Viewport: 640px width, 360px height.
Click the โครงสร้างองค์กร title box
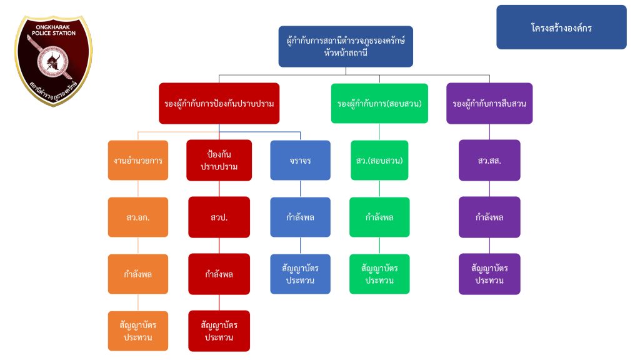tap(561, 27)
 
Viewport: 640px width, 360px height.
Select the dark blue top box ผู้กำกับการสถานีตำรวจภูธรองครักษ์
tap(345, 46)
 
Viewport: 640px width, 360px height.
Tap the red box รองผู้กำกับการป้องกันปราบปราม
tap(219, 103)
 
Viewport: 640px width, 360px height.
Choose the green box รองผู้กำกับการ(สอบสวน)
tap(379, 103)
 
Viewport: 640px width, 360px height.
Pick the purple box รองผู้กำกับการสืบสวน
tap(489, 103)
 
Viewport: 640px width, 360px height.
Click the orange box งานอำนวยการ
tap(138, 160)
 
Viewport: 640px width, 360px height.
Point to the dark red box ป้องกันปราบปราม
tap(219, 160)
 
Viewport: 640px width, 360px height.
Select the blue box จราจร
tap(300, 160)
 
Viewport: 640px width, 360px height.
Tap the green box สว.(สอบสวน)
tap(379, 160)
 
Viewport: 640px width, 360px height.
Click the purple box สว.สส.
tap(489, 160)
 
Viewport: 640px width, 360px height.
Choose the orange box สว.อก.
tap(138, 217)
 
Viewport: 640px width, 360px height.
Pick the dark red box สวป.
tap(219, 217)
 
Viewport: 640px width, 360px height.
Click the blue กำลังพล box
tap(300, 217)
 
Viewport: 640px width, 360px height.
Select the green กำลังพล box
tap(379, 217)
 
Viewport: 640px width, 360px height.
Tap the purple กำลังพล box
tap(489, 217)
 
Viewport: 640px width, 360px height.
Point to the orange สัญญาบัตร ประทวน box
tap(138, 331)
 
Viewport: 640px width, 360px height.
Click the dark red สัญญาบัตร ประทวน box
tap(219, 331)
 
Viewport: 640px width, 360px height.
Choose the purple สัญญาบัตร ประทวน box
tap(489, 274)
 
